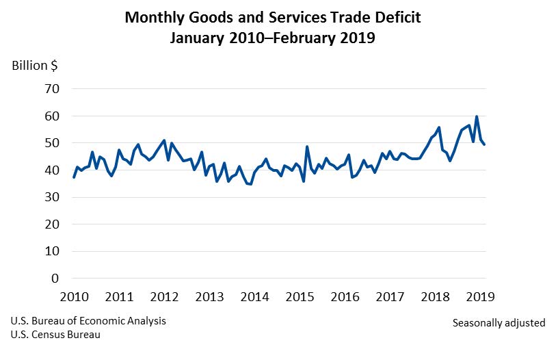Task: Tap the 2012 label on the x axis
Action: coord(164,297)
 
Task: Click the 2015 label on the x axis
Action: coord(300,297)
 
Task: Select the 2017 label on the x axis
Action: coord(390,297)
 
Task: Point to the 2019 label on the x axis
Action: coord(479,297)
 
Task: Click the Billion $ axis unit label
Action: coord(34,66)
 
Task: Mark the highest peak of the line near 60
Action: coord(477,117)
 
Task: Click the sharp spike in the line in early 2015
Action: coord(307,147)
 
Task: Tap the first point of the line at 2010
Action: coord(74,177)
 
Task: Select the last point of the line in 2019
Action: coord(485,144)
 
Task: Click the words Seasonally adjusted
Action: coord(499,322)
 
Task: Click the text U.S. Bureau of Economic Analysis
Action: coord(88,321)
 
